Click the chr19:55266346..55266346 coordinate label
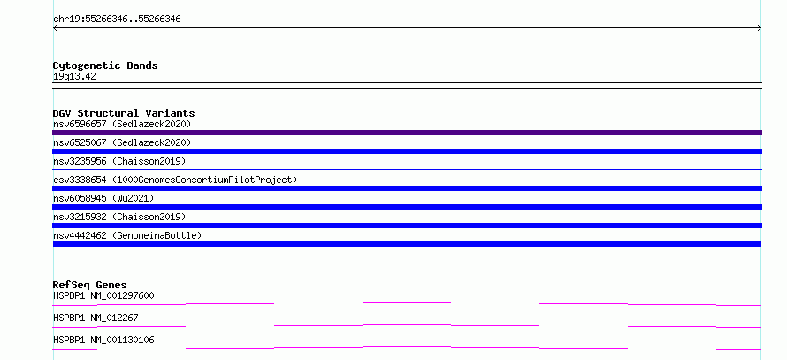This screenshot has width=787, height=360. (117, 19)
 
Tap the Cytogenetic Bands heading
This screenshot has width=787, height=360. (105, 65)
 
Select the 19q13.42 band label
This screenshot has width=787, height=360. (74, 77)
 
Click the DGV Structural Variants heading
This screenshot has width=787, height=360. (124, 113)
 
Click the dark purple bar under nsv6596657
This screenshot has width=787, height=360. (407, 133)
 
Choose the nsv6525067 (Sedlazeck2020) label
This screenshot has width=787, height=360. (122, 142)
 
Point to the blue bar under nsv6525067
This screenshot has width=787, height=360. (407, 151)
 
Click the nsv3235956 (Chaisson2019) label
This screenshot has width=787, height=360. (119, 161)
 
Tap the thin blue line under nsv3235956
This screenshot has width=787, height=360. (407, 170)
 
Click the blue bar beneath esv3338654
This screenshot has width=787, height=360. (407, 188)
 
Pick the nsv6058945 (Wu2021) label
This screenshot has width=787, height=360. (103, 198)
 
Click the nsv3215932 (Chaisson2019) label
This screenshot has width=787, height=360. (119, 217)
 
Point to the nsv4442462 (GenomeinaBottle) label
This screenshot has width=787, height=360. (127, 235)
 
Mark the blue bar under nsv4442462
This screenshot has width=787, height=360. (407, 244)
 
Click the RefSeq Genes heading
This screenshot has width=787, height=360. (90, 285)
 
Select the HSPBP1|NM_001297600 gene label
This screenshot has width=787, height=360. (103, 295)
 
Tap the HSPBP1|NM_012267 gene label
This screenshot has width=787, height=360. (96, 318)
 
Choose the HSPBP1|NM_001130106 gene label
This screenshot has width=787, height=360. (103, 340)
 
